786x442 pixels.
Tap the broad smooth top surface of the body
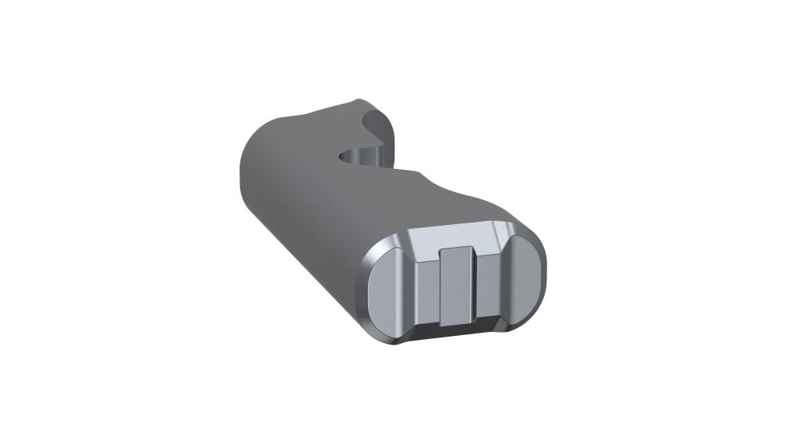pyautogui.click(x=321, y=209)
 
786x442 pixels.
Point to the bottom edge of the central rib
pyautogui.click(x=456, y=320)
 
